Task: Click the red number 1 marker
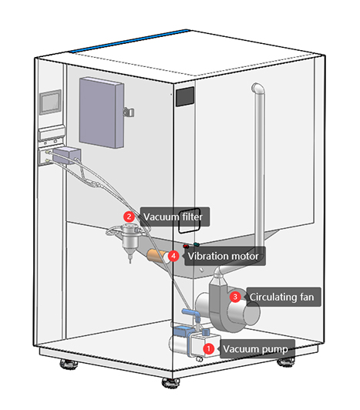206,348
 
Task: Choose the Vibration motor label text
224,255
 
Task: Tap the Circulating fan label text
282,296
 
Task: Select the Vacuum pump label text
255,349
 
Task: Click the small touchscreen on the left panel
52,103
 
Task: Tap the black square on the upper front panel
185,97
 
